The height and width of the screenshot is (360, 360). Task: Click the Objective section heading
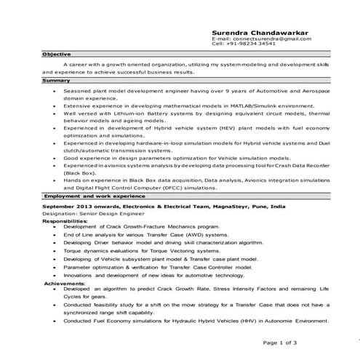(56, 55)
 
